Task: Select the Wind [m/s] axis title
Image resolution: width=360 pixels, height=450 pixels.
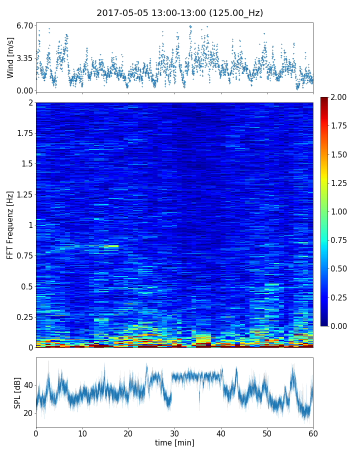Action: tap(10, 58)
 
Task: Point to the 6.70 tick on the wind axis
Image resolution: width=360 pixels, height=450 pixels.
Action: tap(24, 25)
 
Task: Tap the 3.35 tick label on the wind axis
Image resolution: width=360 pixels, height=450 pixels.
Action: tap(24, 58)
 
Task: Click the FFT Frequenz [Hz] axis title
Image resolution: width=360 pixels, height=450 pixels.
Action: tap(10, 224)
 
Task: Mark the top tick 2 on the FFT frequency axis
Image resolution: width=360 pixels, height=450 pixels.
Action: tap(30, 102)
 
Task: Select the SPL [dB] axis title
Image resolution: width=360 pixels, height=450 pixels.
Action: tap(17, 392)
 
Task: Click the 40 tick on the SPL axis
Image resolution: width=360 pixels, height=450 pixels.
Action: tap(27, 385)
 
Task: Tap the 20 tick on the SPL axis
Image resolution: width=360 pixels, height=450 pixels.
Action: tap(27, 413)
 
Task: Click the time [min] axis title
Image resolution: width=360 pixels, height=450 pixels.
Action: tap(174, 442)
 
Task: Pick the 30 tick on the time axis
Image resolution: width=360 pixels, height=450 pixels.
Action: tap(174, 433)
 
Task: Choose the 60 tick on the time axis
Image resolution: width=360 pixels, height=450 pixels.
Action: tap(313, 433)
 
